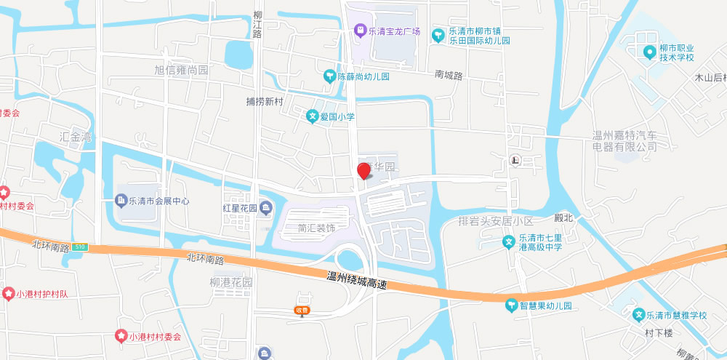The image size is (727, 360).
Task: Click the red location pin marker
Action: click(x=363, y=171)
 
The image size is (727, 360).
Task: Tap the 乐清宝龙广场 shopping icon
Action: click(x=359, y=31)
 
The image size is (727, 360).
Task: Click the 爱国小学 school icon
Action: click(x=311, y=116)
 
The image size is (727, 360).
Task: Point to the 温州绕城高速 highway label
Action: click(x=356, y=281)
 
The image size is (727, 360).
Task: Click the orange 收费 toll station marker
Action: click(x=302, y=310)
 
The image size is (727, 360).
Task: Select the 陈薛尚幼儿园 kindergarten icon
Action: click(x=329, y=76)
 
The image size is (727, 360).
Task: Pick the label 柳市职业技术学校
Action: click(x=677, y=53)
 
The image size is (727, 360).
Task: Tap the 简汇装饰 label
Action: click(x=316, y=228)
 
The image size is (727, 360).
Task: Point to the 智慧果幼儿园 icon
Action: click(x=511, y=305)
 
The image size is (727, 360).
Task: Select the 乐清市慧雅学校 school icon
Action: click(x=638, y=315)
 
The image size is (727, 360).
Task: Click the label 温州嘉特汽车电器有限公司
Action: click(x=624, y=141)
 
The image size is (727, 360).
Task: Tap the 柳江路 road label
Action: click(x=257, y=25)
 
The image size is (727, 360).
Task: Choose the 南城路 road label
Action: click(x=449, y=75)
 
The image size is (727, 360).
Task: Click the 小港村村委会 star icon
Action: click(x=121, y=336)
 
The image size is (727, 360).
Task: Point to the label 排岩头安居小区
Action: click(x=496, y=220)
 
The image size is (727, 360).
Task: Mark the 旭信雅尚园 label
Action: click(x=181, y=71)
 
